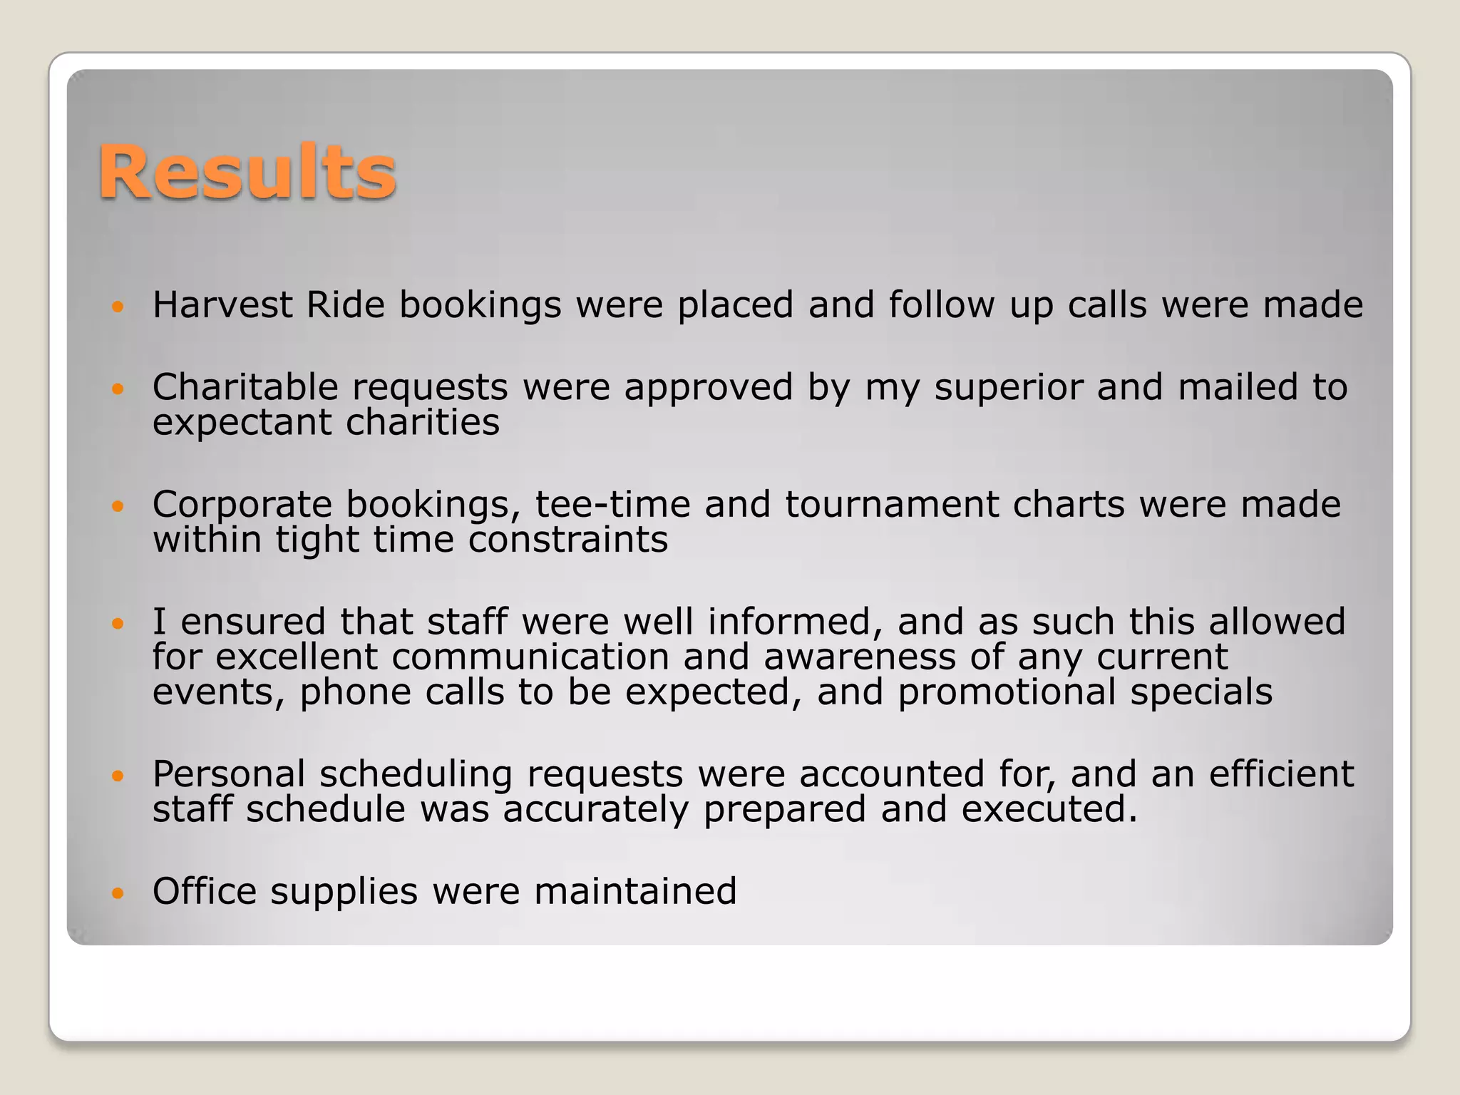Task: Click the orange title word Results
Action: click(x=247, y=172)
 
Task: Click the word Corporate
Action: click(x=242, y=505)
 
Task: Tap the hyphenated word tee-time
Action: click(x=612, y=505)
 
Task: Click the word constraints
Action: click(x=568, y=540)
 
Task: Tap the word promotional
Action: click(x=1006, y=692)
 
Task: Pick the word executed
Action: click(x=1049, y=810)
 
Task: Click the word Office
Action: click(x=205, y=891)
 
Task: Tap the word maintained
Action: click(x=635, y=891)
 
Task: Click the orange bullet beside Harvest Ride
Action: click(x=118, y=307)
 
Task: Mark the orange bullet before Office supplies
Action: click(x=118, y=893)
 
